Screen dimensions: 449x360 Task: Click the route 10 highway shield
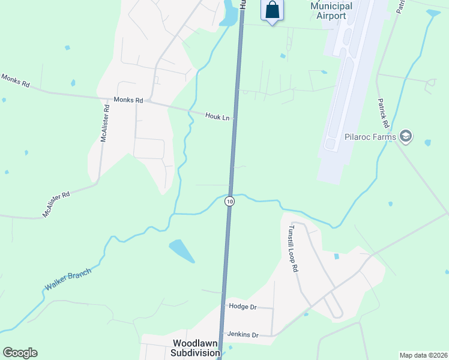(x=229, y=202)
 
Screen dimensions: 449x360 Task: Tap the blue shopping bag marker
(x=272, y=10)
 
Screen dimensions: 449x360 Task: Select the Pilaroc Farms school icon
(x=406, y=137)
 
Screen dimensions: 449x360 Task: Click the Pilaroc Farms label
(x=370, y=137)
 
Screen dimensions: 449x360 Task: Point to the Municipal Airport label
(x=331, y=10)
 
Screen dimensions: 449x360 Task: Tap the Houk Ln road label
(x=217, y=117)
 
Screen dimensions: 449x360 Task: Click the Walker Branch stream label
(x=67, y=280)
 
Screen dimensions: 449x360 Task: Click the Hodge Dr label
(x=243, y=307)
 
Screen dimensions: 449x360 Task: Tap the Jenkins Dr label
(x=243, y=334)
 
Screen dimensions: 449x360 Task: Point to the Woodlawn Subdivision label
(x=196, y=348)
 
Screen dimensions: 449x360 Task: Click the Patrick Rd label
(x=384, y=113)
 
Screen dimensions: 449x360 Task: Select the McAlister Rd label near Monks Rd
(x=104, y=124)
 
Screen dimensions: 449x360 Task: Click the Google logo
(x=20, y=353)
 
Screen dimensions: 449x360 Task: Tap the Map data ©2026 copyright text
(x=423, y=355)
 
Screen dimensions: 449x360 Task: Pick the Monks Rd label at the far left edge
(x=16, y=81)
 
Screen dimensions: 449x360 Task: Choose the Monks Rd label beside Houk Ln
(x=128, y=100)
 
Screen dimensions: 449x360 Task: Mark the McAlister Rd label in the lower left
(x=56, y=204)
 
